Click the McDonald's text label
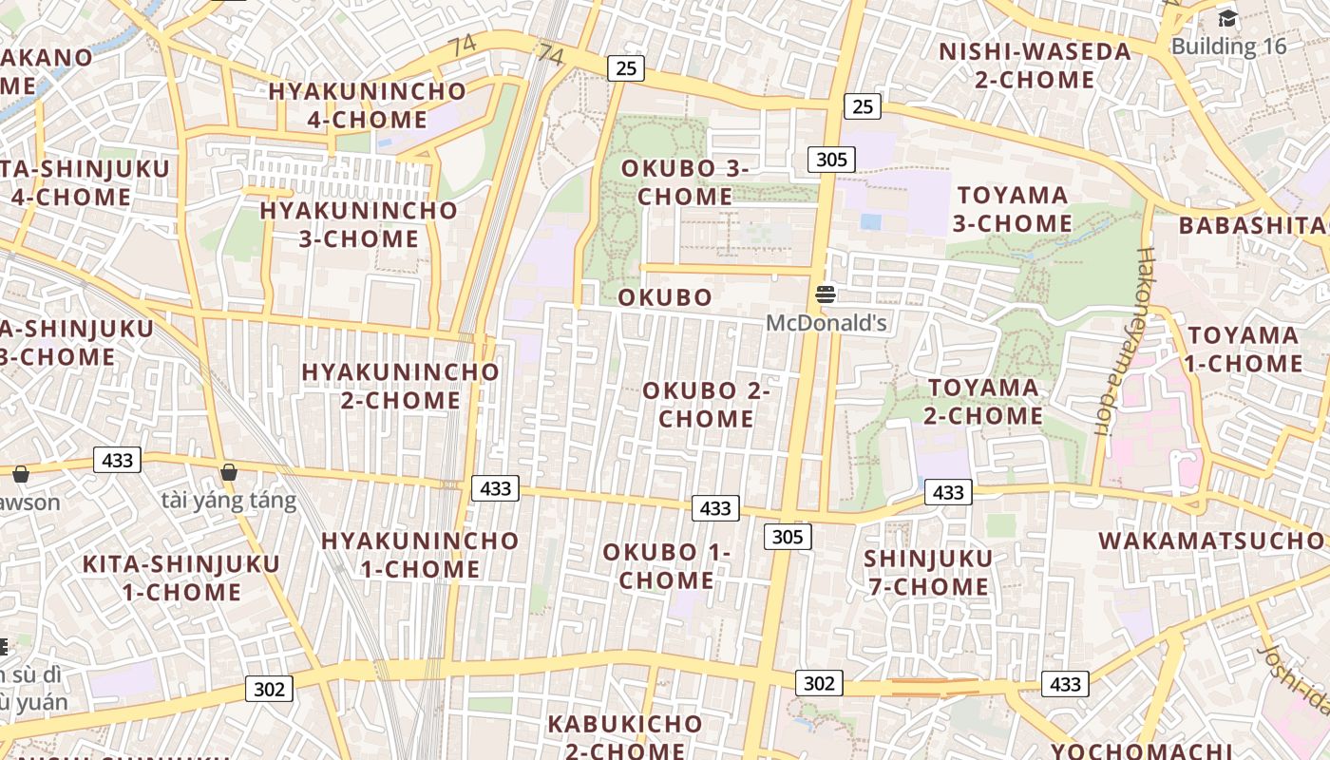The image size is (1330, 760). pyautogui.click(x=826, y=323)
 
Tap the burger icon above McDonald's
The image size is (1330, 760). pyautogui.click(x=825, y=294)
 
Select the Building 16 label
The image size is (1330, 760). pyautogui.click(x=1228, y=46)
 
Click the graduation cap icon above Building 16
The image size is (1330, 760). pyautogui.click(x=1227, y=18)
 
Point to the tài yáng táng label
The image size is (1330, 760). pyautogui.click(x=229, y=501)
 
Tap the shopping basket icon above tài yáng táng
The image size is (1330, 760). pyautogui.click(x=229, y=471)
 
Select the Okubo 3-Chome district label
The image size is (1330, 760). pyautogui.click(x=685, y=182)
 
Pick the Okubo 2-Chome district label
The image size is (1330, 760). pyautogui.click(x=706, y=405)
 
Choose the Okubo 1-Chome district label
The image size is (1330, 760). pyautogui.click(x=666, y=566)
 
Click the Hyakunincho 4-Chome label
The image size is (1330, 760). pyautogui.click(x=368, y=105)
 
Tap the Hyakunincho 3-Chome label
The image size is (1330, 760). pyautogui.click(x=359, y=224)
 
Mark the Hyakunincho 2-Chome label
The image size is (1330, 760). pyautogui.click(x=400, y=386)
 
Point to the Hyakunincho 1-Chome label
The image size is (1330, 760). pyautogui.click(x=420, y=555)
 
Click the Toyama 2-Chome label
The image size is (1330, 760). pyautogui.click(x=983, y=402)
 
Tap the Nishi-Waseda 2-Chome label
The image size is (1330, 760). pyautogui.click(x=1035, y=66)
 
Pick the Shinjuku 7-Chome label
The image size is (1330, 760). pyautogui.click(x=928, y=573)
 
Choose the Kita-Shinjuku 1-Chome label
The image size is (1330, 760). pyautogui.click(x=181, y=578)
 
